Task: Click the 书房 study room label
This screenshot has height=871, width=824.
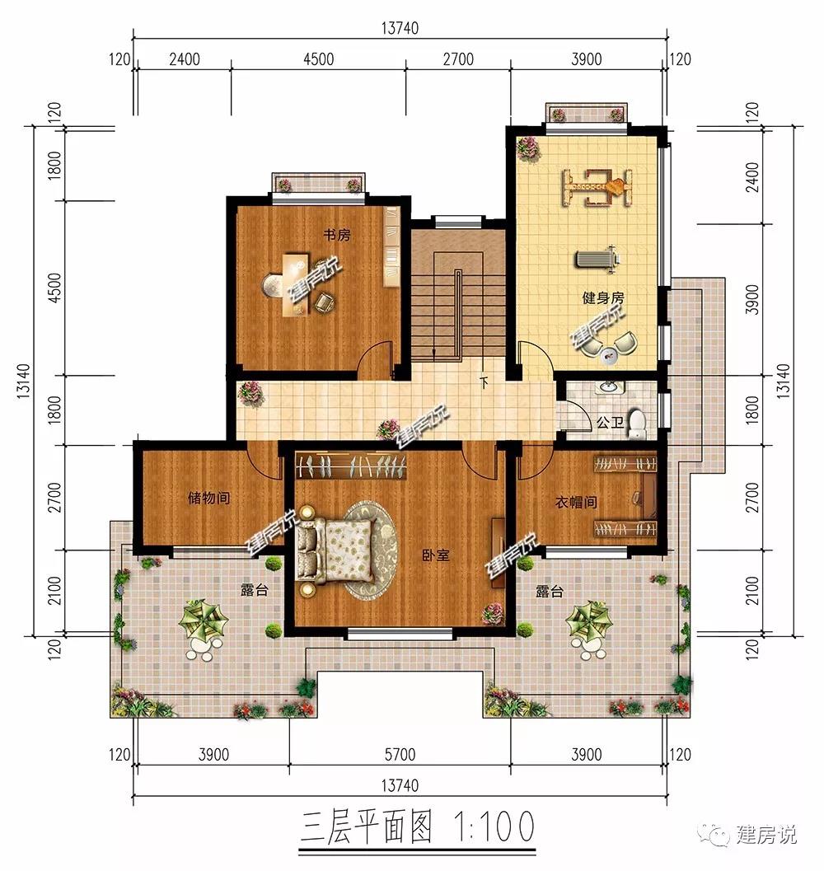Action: pyautogui.click(x=337, y=235)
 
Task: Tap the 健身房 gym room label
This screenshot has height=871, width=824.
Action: pyautogui.click(x=603, y=298)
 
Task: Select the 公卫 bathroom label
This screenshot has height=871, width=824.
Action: pyautogui.click(x=610, y=423)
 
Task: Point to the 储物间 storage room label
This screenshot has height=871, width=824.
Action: pyautogui.click(x=209, y=498)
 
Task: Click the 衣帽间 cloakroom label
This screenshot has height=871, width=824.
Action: pyautogui.click(x=576, y=503)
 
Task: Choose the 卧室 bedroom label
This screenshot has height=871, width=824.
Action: pyautogui.click(x=436, y=555)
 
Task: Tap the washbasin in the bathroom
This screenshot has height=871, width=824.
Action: pyautogui.click(x=610, y=386)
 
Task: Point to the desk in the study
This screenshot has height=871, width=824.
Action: pyautogui.click(x=296, y=284)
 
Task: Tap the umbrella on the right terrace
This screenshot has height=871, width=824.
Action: pyautogui.click(x=589, y=620)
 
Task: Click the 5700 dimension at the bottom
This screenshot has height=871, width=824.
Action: pyautogui.click(x=400, y=754)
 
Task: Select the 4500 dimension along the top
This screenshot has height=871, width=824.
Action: pyautogui.click(x=318, y=59)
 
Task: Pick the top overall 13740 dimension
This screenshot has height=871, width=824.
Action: pyautogui.click(x=400, y=28)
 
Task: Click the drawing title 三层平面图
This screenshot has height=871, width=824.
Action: pyautogui.click(x=366, y=827)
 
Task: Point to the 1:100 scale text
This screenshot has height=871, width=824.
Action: pyautogui.click(x=494, y=827)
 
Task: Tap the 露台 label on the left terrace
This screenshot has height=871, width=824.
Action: pyautogui.click(x=255, y=590)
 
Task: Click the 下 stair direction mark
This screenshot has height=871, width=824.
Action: pyautogui.click(x=484, y=382)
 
